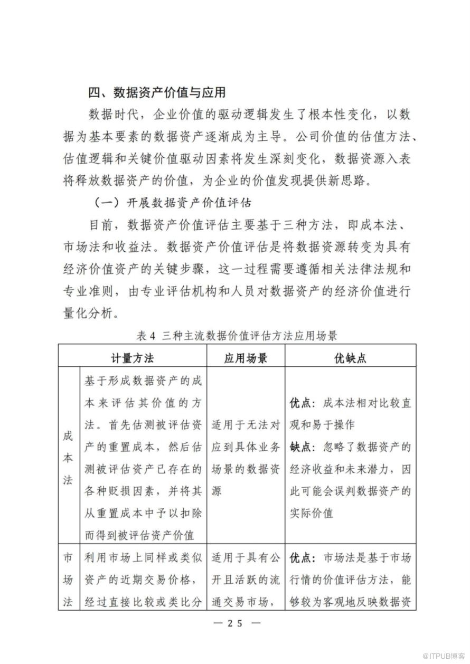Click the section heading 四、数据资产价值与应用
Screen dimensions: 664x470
[x=157, y=93]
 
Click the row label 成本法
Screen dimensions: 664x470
[x=69, y=458]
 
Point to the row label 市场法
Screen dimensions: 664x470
[x=69, y=580]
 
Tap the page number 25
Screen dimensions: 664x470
[x=234, y=623]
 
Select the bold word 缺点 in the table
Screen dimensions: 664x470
[x=302, y=447]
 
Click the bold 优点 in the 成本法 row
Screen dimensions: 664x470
[x=302, y=403]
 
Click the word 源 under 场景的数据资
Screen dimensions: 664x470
[x=217, y=491]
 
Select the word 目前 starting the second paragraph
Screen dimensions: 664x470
[x=101, y=225]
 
